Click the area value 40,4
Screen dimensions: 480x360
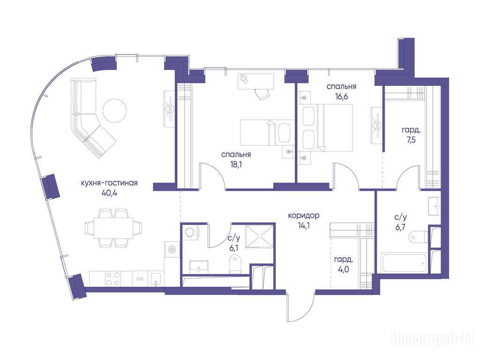109,193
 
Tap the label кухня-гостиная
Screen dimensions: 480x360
109,183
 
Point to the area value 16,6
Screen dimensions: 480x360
341,97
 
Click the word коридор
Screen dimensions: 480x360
304,216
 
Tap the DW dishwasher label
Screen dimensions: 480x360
140,279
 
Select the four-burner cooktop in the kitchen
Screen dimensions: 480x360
112,278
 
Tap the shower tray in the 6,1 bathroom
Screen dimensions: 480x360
259,236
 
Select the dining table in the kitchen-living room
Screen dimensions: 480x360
113,228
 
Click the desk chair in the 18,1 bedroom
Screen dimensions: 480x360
262,93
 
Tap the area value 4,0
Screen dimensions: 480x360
344,270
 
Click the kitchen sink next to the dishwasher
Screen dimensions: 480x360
156,279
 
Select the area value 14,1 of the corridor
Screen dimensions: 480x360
304,226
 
